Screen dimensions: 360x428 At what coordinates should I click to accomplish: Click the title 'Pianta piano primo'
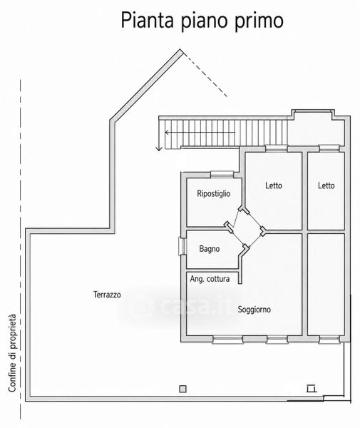[202, 21]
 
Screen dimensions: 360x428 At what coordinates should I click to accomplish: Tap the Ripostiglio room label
[214, 194]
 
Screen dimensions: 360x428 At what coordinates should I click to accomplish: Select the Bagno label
[209, 249]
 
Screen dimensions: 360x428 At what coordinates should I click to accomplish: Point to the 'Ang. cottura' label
[210, 279]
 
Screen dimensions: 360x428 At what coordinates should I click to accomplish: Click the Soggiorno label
[254, 310]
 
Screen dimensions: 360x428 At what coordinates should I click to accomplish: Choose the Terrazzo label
[107, 295]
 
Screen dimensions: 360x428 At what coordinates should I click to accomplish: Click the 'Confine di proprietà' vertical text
[12, 353]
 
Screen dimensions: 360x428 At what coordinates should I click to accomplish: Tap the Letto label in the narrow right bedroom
[326, 185]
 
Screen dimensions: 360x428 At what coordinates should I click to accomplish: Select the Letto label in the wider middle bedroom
[274, 185]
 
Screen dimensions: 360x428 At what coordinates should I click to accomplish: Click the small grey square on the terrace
[182, 389]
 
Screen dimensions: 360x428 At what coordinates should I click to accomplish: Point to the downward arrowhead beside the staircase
[159, 148]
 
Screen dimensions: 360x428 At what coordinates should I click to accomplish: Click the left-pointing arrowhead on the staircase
[167, 133]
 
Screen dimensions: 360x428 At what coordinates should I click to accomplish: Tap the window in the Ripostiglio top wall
[222, 174]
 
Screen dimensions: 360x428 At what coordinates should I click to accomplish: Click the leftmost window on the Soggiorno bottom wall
[227, 340]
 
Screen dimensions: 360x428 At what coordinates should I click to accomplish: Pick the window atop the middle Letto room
[277, 148]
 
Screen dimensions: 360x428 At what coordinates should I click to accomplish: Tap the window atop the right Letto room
[329, 148]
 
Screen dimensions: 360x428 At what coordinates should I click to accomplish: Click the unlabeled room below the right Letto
[326, 285]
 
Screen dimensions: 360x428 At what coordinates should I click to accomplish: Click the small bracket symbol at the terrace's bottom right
[312, 388]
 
